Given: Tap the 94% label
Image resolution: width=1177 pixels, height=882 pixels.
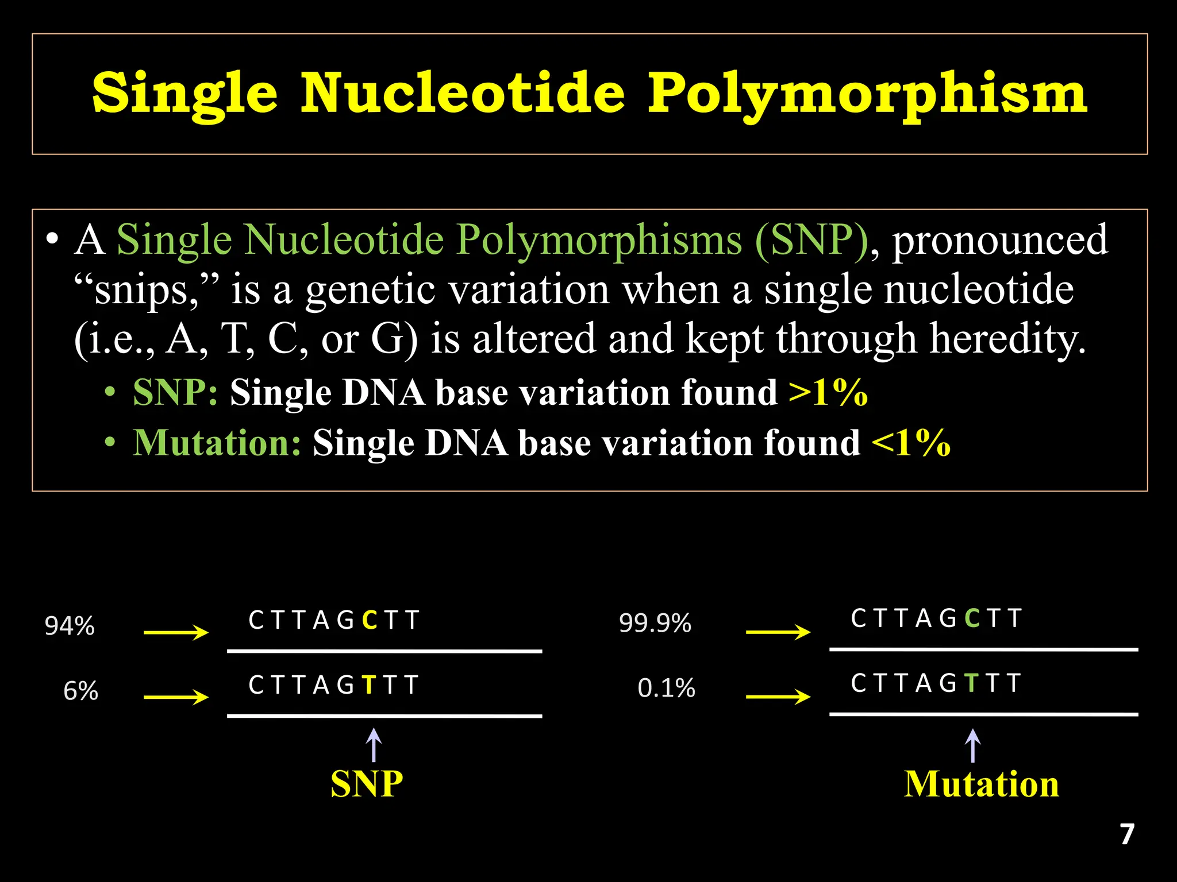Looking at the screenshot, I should [70, 626].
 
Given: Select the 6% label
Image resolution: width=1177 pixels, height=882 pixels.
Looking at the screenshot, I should [80, 691].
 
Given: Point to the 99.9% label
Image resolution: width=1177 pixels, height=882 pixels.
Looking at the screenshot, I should [655, 623].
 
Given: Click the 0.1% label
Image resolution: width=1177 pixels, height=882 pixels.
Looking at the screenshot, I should [666, 688].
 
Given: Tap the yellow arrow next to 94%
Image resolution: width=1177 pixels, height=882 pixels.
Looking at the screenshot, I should [176, 632].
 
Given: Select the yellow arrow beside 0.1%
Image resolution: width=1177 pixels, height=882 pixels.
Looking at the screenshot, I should [778, 697].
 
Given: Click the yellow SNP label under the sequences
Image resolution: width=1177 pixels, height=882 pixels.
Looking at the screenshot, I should [367, 784].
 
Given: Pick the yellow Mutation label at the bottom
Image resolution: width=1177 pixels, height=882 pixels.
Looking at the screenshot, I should [982, 784].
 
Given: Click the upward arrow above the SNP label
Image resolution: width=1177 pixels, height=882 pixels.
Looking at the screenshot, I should [374, 745].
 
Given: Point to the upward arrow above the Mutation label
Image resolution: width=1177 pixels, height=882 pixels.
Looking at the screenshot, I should [972, 745].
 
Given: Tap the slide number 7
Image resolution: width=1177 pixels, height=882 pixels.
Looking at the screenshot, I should [1127, 834].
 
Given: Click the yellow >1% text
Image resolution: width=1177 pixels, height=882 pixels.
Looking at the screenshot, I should [828, 393].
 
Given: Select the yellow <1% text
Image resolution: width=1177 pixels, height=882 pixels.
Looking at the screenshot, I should [911, 443].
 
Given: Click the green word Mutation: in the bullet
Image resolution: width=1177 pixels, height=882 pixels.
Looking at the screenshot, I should [217, 443].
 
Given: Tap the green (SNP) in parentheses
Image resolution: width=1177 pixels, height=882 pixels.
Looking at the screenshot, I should [811, 239].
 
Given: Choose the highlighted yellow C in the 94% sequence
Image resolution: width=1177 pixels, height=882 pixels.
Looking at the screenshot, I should [371, 621].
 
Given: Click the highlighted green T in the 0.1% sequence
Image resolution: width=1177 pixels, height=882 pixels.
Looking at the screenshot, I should [972, 683].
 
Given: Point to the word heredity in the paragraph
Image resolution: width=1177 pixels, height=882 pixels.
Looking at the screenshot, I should [1007, 338].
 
